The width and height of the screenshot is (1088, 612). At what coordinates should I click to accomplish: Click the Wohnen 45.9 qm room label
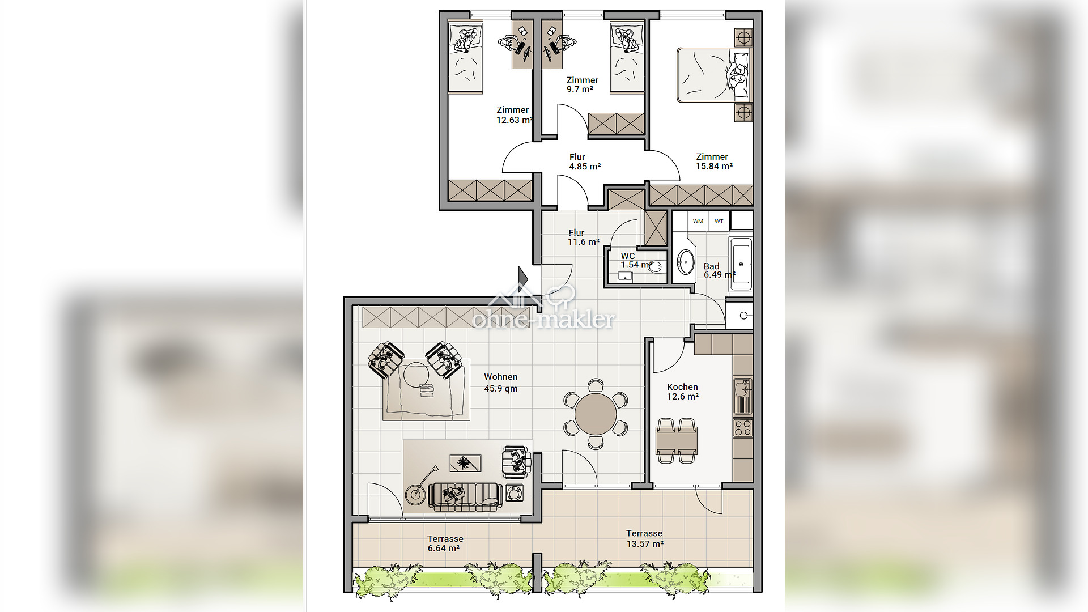click(x=501, y=382)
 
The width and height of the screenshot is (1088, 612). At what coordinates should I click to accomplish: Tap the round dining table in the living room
click(x=596, y=414)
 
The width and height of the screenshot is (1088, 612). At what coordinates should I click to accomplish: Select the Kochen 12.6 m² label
click(x=683, y=392)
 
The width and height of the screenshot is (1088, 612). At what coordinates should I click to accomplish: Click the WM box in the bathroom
click(x=698, y=221)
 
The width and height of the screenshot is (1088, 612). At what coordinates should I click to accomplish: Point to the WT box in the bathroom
click(x=719, y=221)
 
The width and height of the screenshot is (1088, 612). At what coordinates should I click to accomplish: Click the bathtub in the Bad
click(x=741, y=264)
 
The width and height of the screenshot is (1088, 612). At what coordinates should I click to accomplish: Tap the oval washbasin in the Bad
click(x=686, y=262)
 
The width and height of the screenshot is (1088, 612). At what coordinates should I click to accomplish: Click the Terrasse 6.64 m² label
click(x=445, y=543)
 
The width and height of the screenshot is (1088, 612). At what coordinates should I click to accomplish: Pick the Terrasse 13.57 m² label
click(x=645, y=538)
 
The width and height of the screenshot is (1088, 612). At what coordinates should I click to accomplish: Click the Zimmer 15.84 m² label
click(x=714, y=161)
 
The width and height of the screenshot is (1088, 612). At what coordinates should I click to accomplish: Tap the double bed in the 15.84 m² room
click(x=713, y=75)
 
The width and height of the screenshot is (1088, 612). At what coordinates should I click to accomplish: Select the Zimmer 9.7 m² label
click(x=582, y=84)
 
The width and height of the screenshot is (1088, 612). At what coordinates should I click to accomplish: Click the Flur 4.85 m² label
click(x=585, y=161)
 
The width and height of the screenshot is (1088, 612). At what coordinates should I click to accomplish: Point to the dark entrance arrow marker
click(x=523, y=277)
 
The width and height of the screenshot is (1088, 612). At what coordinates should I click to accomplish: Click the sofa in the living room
click(x=465, y=497)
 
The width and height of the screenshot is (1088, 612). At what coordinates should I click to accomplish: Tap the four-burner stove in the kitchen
click(x=742, y=427)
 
